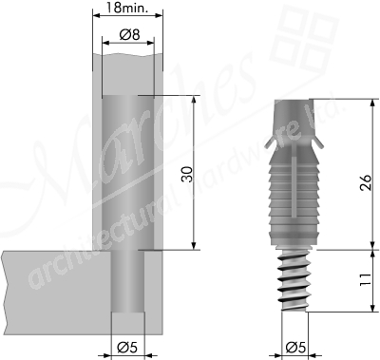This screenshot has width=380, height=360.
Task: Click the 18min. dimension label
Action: pyautogui.click(x=126, y=10)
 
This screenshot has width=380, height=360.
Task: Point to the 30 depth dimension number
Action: pyautogui.click(x=186, y=174)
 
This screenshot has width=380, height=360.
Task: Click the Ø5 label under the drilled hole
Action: pyautogui.click(x=126, y=345)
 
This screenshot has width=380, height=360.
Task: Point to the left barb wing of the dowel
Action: pyautogui.click(x=274, y=142)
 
